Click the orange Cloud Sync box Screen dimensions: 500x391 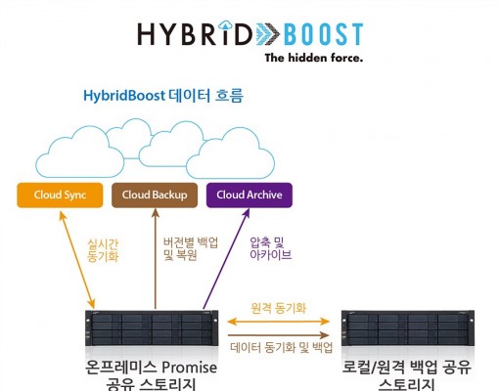pyautogui.click(x=60, y=195)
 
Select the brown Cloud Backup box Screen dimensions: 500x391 pyautogui.click(x=155, y=195)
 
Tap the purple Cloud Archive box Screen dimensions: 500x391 pyautogui.click(x=250, y=195)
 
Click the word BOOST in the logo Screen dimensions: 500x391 pyautogui.click(x=323, y=34)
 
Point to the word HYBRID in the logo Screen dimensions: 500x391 pyautogui.click(x=195, y=33)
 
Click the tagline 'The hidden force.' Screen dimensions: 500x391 pyautogui.click(x=313, y=58)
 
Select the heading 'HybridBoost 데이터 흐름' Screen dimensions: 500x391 pyautogui.click(x=163, y=96)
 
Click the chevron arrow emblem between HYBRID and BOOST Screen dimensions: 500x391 pyautogui.click(x=267, y=34)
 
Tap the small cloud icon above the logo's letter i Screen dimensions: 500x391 pyautogui.click(x=225, y=24)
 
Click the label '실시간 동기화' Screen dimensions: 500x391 pyautogui.click(x=103, y=250)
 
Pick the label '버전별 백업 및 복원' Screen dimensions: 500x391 pyautogui.click(x=191, y=249)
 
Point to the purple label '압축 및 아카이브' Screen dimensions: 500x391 pyautogui.click(x=270, y=248)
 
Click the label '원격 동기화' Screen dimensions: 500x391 pyautogui.click(x=278, y=308)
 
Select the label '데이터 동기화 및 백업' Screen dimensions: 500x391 pyautogui.click(x=282, y=347)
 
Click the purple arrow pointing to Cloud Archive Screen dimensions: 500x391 pyautogui.click(x=226, y=259)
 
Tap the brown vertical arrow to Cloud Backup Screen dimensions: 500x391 pyautogui.click(x=156, y=259)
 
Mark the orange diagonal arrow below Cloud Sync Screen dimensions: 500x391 pyautogui.click(x=77, y=260)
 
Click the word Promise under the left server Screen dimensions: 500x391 pyautogui.click(x=190, y=368)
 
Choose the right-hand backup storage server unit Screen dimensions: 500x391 pyautogui.click(x=408, y=328)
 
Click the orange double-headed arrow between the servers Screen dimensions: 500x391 pyautogui.click(x=278, y=322)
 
